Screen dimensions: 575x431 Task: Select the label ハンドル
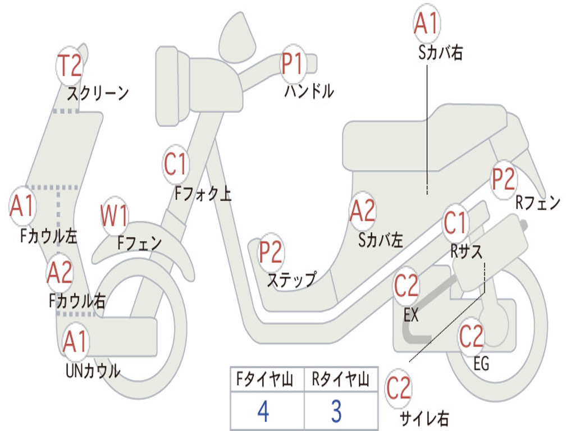pyautogui.click(x=308, y=91)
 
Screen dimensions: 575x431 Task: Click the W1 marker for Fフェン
pyautogui.click(x=115, y=216)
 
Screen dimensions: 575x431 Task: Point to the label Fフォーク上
pyautogui.click(x=203, y=194)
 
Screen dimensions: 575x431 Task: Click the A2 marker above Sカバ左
pyautogui.click(x=362, y=211)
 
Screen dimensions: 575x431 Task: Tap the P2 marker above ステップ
pyautogui.click(x=271, y=253)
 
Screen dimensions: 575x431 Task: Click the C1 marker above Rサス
pyautogui.click(x=455, y=223)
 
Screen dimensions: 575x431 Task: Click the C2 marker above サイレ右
pyautogui.click(x=399, y=389)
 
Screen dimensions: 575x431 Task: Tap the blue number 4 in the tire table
pyautogui.click(x=263, y=411)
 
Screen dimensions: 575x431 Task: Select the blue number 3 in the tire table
pyautogui.click(x=336, y=411)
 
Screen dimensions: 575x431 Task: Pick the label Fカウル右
pyautogui.click(x=77, y=301)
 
